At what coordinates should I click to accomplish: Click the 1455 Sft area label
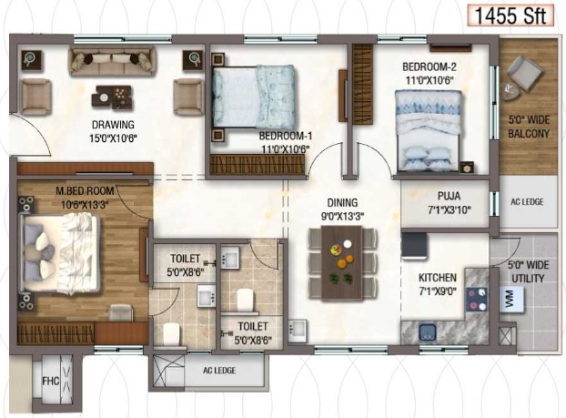[x=510, y=15]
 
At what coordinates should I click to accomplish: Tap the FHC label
[x=51, y=382]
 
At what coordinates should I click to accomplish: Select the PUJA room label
[x=449, y=196]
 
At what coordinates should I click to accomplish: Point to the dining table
[x=341, y=263]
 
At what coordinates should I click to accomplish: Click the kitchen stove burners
[x=477, y=299]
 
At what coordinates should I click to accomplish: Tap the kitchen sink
[x=428, y=332]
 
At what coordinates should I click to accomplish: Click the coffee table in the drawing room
[x=112, y=97]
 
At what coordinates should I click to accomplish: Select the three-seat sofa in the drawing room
[x=112, y=62]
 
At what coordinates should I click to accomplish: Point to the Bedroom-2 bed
[x=429, y=130]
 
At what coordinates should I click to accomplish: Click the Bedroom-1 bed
[x=254, y=97]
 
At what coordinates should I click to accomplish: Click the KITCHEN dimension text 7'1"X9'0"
[x=438, y=291]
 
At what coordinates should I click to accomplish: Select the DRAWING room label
[x=113, y=125]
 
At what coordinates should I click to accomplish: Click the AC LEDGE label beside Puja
[x=527, y=202]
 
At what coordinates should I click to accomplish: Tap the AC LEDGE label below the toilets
[x=219, y=371]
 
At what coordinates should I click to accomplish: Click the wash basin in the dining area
[x=298, y=330]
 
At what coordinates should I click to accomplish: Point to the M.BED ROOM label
[x=85, y=190]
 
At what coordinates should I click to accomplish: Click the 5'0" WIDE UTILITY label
[x=528, y=271]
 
